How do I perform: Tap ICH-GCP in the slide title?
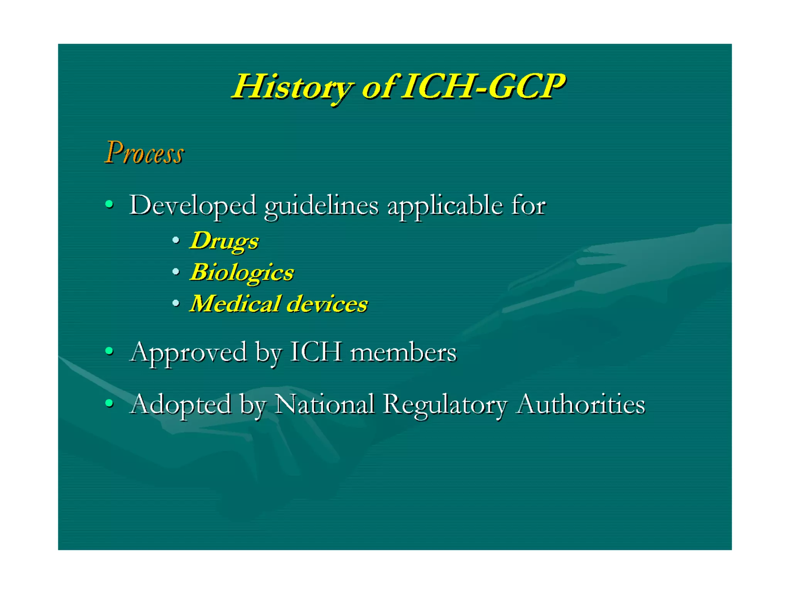pos(484,87)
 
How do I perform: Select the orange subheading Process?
pos(144,153)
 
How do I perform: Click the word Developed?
pos(192,205)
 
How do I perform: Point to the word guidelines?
pos(321,206)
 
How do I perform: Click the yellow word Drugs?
pos(225,241)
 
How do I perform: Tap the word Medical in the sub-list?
pos(235,304)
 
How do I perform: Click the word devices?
pos(327,304)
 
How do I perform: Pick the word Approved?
pos(188,352)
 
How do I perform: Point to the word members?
pos(403,352)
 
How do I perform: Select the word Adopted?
pos(180,405)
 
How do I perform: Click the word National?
pos(324,404)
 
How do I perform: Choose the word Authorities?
pos(581,404)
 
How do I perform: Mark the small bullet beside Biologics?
pos(176,272)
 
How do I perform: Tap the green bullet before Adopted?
pos(110,403)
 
